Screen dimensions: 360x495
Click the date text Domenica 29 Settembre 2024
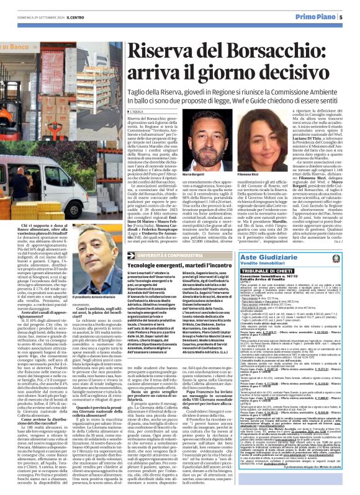[33, 17]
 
